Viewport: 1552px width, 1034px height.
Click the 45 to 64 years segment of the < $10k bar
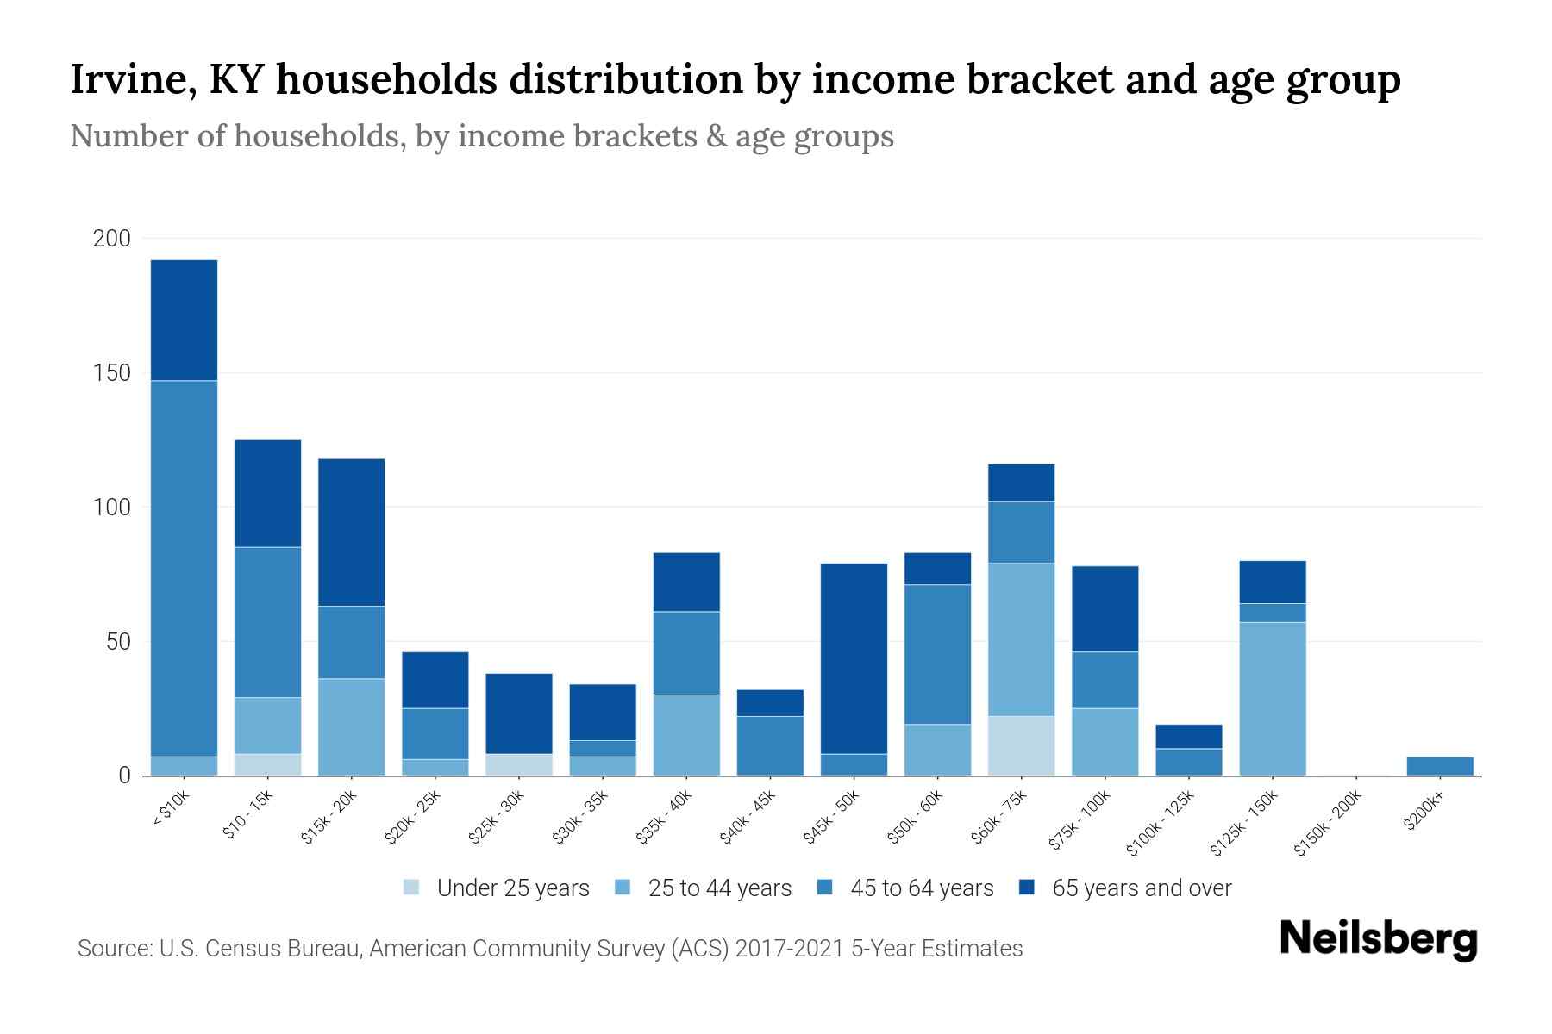coord(184,569)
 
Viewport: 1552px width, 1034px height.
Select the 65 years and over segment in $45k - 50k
coord(854,658)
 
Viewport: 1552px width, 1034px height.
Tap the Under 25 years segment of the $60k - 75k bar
coord(1021,745)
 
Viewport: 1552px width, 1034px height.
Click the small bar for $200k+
coord(1439,766)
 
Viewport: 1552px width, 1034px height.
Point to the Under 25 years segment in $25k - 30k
coord(519,764)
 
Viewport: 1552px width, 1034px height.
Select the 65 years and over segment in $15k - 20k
coord(351,532)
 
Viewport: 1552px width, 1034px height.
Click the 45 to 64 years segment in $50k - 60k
coord(937,654)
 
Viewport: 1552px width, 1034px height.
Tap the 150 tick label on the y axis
coord(111,373)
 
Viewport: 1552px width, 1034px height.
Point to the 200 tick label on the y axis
coord(111,239)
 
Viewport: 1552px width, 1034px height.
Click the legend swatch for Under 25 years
coord(411,887)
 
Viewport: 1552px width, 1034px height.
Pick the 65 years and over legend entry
coord(1141,888)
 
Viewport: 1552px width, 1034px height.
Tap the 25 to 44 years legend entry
coord(719,888)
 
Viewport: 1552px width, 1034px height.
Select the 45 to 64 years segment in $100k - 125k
coord(1188,762)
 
